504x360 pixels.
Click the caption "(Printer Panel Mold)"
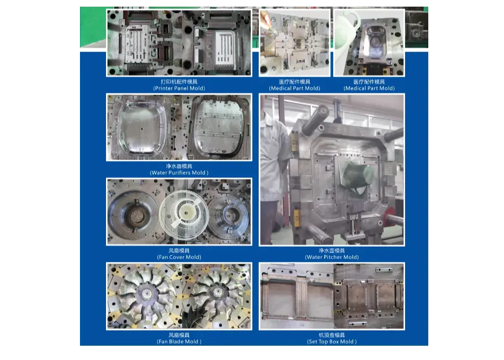pos(179,88)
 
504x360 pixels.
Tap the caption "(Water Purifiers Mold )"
pos(179,173)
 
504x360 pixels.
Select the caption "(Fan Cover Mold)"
pos(179,257)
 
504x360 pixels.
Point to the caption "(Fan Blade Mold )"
pos(179,342)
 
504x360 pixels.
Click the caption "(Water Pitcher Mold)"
pos(332,257)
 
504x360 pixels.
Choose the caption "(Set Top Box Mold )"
pos(332,342)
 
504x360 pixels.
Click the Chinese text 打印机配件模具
pos(179,82)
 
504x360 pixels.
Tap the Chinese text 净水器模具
pos(179,166)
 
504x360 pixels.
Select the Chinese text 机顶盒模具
pos(332,335)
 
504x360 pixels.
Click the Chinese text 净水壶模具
pos(332,251)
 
